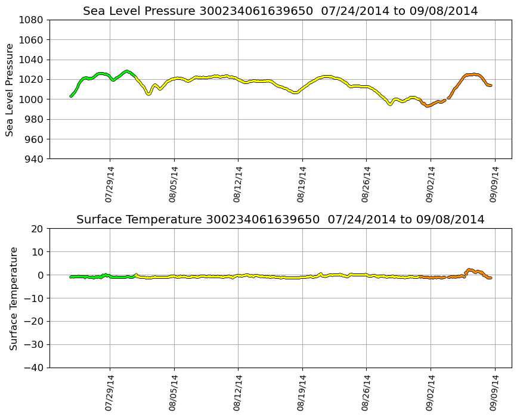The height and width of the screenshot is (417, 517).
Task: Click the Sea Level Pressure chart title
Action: pos(280,11)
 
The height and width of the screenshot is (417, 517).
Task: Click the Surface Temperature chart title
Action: pos(280,220)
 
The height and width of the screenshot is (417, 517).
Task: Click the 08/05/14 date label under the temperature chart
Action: pos(174,393)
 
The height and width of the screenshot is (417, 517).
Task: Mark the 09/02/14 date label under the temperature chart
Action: pos(430,393)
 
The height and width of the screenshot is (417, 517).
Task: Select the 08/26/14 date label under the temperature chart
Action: pos(366,393)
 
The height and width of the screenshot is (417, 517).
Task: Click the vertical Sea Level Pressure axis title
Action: pos(10,89)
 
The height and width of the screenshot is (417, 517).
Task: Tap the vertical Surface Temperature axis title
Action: pos(14,298)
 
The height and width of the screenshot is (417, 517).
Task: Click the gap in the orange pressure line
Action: pos(447,99)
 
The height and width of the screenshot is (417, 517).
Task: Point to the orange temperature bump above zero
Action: pos(470,270)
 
